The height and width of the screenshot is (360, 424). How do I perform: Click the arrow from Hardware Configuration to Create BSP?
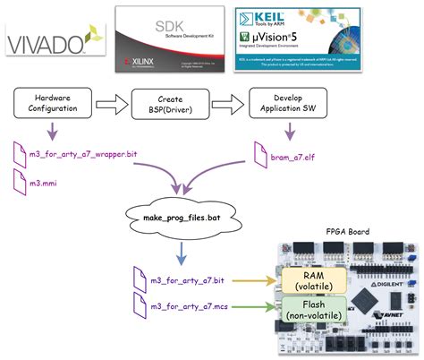112,103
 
